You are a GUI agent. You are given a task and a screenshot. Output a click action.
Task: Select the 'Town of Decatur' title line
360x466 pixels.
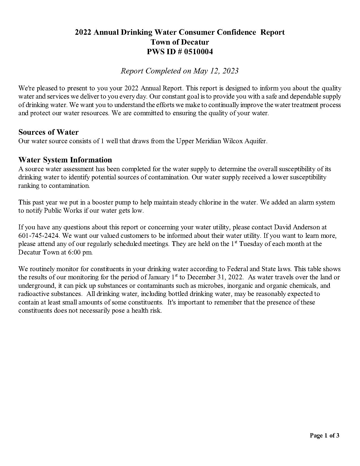click(180, 42)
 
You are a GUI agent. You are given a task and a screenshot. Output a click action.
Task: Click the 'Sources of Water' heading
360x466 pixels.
click(48, 132)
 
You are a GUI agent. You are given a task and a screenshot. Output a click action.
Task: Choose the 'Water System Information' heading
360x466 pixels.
click(65, 160)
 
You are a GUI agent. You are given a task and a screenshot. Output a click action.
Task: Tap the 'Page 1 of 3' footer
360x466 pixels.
click(324, 435)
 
